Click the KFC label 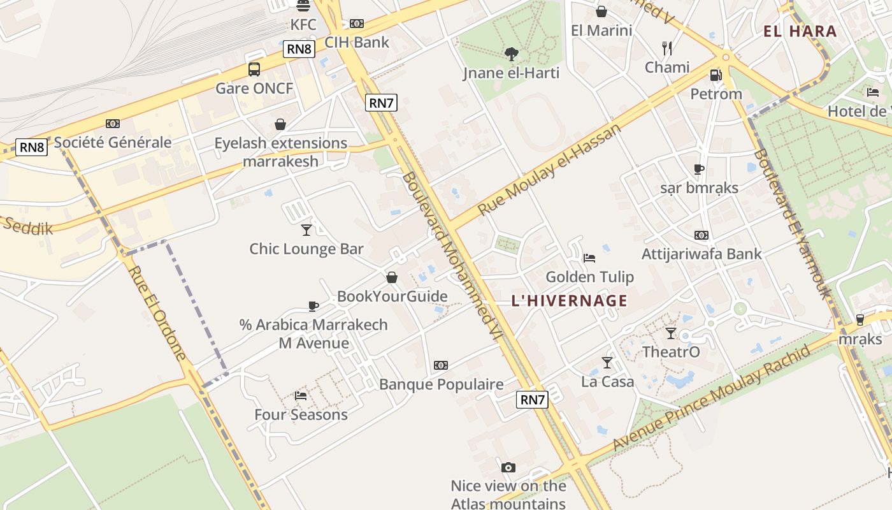pyautogui.click(x=303, y=24)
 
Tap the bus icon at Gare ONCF pyautogui.click(x=254, y=69)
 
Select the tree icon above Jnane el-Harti pyautogui.click(x=511, y=54)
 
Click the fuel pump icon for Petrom pyautogui.click(x=716, y=75)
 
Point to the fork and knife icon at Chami pyautogui.click(x=667, y=48)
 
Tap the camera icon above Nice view pyautogui.click(x=508, y=467)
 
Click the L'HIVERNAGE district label pyautogui.click(x=569, y=300)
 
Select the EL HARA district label pyautogui.click(x=800, y=31)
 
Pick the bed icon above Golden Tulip pyautogui.click(x=589, y=258)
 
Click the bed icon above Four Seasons pyautogui.click(x=301, y=396)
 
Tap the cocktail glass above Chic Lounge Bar pyautogui.click(x=306, y=229)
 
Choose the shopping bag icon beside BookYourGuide pyautogui.click(x=392, y=277)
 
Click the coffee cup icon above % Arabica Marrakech pyautogui.click(x=313, y=306)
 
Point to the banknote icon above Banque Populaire pyautogui.click(x=440, y=365)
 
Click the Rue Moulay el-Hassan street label pyautogui.click(x=549, y=169)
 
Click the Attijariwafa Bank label pyautogui.click(x=701, y=254)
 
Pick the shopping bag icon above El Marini pyautogui.click(x=601, y=11)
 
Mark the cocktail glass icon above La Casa pyautogui.click(x=607, y=363)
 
